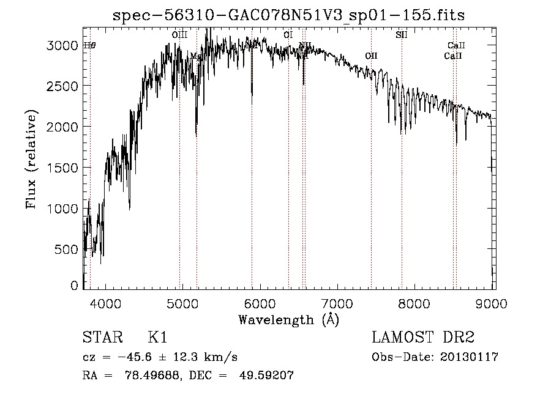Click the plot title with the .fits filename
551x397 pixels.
(289, 15)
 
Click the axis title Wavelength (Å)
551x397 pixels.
(288, 319)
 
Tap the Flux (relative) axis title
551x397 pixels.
(31, 160)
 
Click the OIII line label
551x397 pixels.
(179, 35)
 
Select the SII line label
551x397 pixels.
(402, 35)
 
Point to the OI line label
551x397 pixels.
(288, 35)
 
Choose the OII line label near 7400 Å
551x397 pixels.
(371, 56)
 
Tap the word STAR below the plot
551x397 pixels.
(101, 338)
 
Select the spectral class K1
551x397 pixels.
(157, 338)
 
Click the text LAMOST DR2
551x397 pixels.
(423, 338)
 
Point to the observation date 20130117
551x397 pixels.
(469, 357)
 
